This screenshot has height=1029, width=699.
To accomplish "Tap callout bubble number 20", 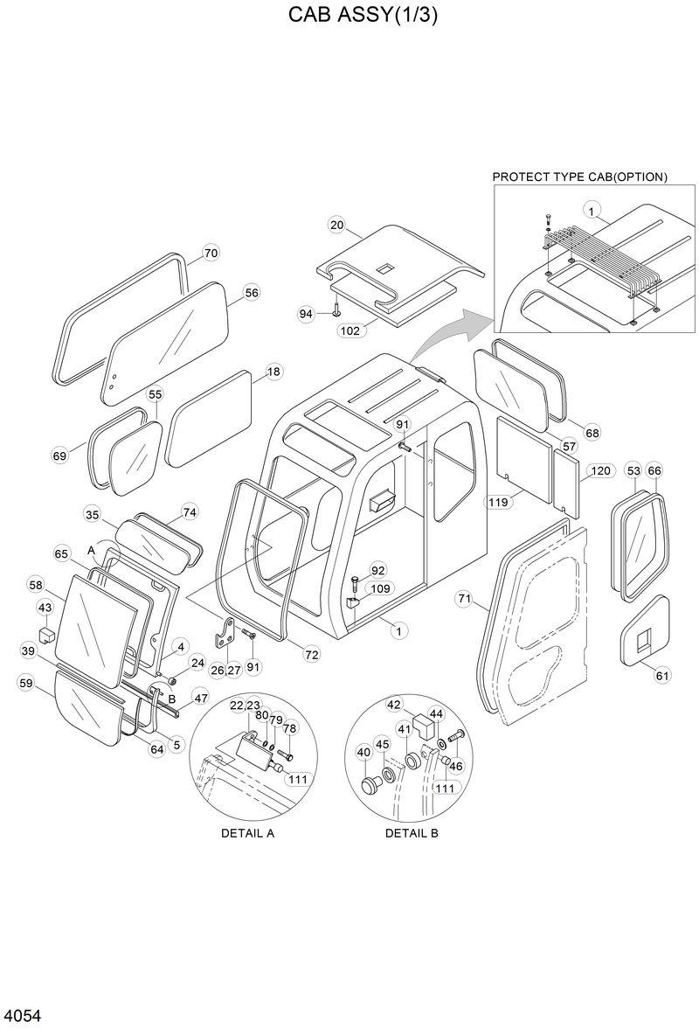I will tap(337, 225).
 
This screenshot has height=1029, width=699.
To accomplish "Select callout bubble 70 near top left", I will tap(211, 254).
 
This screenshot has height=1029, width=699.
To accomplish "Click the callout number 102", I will tap(349, 330).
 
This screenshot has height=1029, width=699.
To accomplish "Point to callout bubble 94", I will tap(306, 313).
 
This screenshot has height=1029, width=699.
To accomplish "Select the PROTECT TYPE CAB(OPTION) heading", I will tap(579, 177).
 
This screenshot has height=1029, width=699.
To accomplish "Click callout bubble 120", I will tap(599, 471).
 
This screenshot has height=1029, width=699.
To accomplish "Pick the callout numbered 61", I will tap(662, 674).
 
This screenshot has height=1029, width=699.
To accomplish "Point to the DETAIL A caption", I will tap(247, 833).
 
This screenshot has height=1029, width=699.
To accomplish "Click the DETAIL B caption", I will tap(412, 833).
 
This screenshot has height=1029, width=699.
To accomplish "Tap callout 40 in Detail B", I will tap(364, 751).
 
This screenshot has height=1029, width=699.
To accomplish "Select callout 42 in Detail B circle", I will tap(394, 705).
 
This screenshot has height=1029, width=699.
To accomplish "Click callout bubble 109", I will tap(381, 588).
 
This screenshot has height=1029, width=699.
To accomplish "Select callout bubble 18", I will tap(273, 372).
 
